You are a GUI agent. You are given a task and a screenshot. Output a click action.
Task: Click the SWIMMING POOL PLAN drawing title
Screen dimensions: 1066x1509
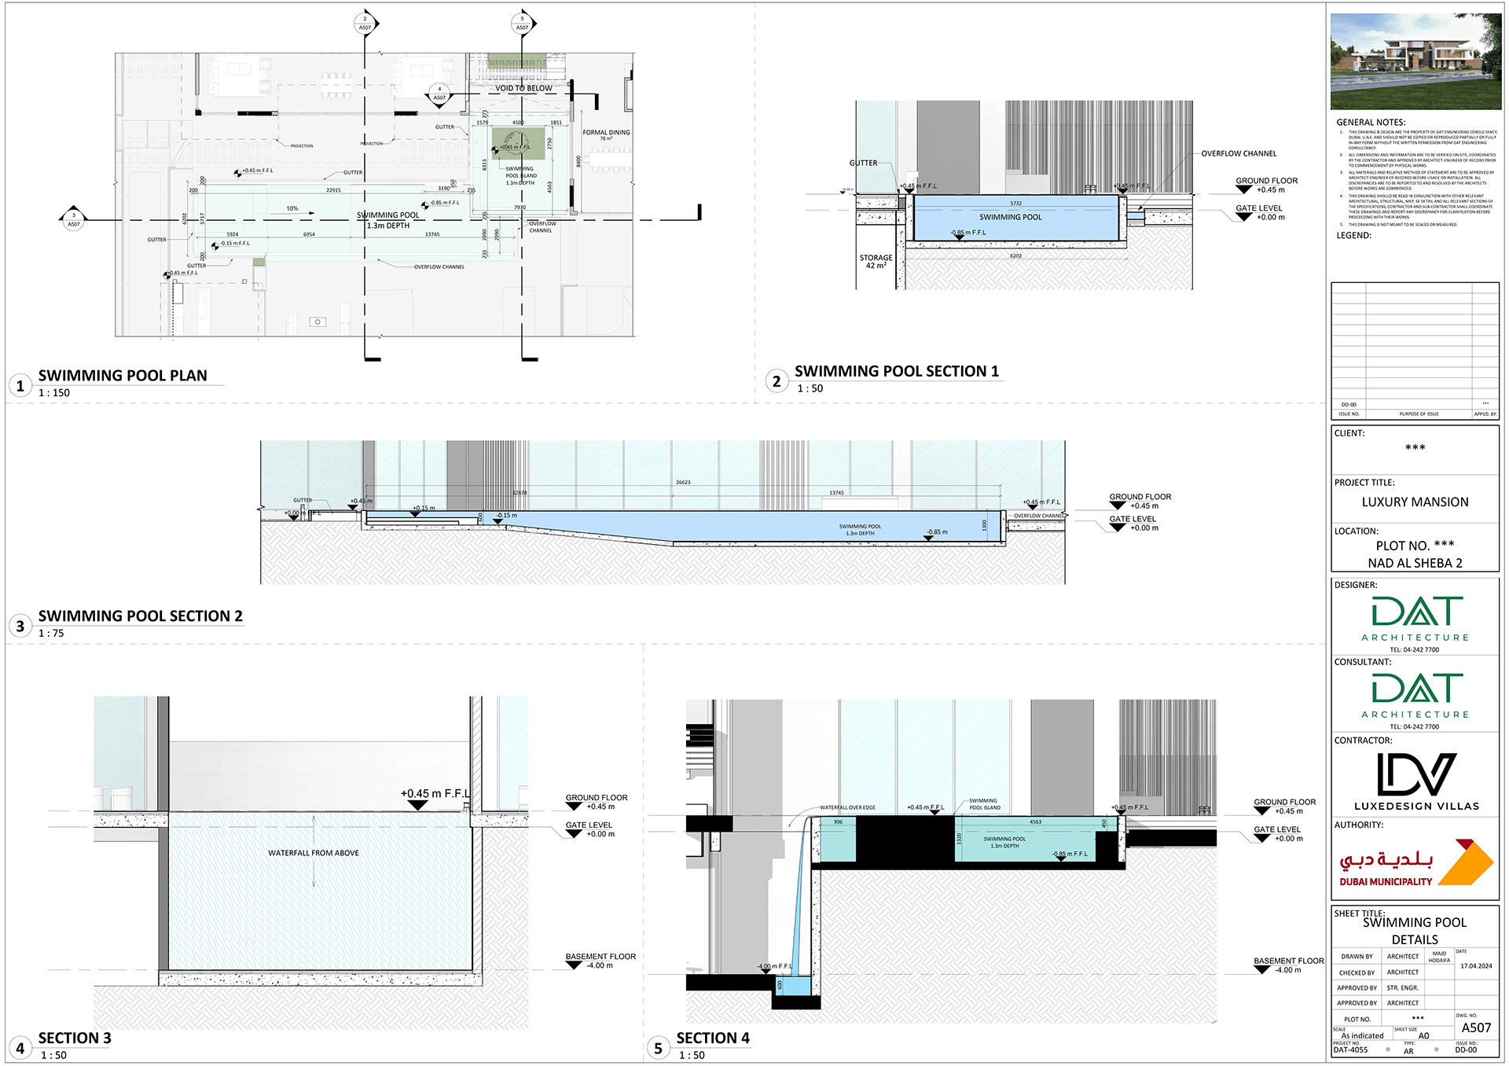123,376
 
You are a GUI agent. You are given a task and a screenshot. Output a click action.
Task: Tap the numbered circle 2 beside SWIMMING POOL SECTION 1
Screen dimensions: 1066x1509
777,381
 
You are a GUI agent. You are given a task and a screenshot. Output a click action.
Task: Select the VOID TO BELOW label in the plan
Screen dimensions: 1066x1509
523,88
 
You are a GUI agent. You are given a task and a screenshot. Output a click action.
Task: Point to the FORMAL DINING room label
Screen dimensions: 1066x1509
606,133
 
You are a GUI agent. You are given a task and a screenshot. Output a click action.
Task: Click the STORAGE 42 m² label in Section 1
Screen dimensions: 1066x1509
876,261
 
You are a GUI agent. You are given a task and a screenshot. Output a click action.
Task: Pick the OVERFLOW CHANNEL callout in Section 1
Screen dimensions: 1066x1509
1239,154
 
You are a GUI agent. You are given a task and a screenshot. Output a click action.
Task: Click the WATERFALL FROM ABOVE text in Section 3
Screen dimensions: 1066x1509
313,853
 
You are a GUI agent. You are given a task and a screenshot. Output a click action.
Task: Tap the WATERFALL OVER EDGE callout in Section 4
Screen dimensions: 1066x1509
847,807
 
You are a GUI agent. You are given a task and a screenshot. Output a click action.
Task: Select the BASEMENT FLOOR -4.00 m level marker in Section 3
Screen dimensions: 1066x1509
600,961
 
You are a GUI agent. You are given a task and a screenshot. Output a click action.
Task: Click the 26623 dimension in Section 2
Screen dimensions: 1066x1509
683,482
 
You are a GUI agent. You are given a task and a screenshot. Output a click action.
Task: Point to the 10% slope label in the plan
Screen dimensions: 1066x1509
292,208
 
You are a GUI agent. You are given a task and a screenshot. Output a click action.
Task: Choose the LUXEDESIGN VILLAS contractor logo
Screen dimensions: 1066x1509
1416,781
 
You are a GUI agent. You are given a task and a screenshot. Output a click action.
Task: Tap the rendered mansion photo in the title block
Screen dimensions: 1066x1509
1415,61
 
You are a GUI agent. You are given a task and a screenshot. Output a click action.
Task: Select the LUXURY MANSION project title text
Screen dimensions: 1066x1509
1415,502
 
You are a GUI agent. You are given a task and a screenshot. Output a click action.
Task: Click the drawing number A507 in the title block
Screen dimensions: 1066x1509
1475,1027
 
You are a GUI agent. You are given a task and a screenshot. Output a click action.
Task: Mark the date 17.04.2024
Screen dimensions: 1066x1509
1475,966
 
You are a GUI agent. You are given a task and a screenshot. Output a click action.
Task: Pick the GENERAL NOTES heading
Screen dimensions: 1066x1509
1371,123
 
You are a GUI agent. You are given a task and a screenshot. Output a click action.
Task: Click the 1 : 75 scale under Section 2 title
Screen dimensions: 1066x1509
51,633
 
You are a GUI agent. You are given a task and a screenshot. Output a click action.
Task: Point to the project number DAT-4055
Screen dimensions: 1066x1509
1350,1049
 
